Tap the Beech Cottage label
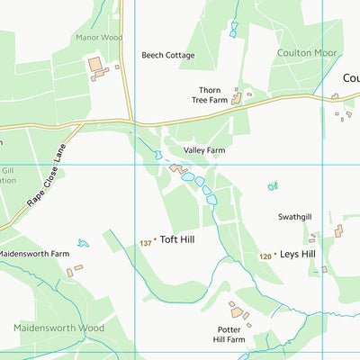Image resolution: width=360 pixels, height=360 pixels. coord(167,56)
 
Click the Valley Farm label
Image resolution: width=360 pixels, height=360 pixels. coord(204,150)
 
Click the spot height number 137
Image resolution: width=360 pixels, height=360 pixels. coord(146,243)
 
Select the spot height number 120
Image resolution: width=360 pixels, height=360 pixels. coord(265,256)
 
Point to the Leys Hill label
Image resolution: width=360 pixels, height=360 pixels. coord(298,255)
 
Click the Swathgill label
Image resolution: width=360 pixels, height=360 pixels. coord(294,218)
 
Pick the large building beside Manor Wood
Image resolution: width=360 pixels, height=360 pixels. coord(94,65)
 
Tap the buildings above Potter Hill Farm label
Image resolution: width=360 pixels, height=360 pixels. coord(238,311)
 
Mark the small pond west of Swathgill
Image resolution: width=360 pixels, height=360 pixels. coord(273,186)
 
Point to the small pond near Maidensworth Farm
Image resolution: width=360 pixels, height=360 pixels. coord(84,243)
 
